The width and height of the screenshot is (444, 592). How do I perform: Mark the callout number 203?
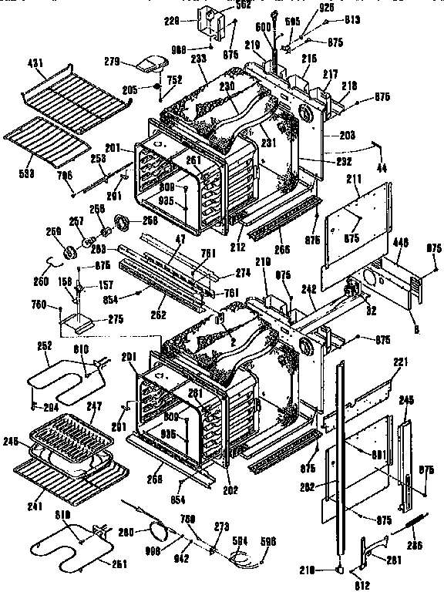347,136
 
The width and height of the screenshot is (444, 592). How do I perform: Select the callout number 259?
53,230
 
